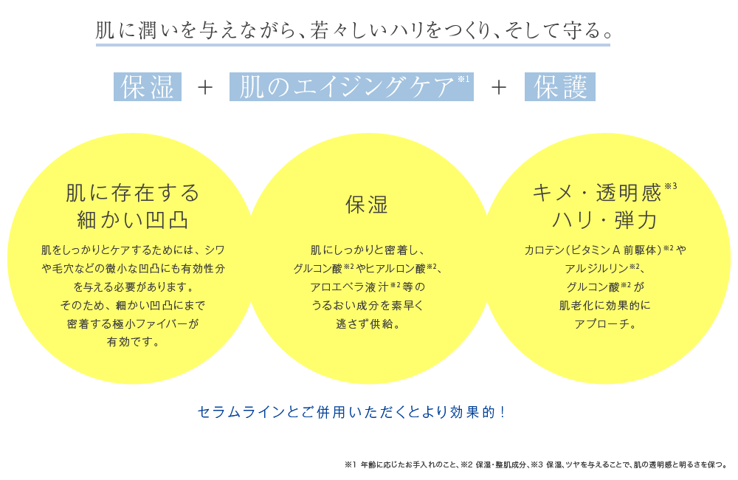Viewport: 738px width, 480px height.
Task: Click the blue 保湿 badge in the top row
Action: pyautogui.click(x=148, y=86)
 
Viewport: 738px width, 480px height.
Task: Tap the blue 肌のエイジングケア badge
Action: pyautogui.click(x=351, y=86)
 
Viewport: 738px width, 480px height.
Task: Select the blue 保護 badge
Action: pyautogui.click(x=560, y=86)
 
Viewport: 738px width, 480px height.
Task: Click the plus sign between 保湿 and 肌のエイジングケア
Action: pyautogui.click(x=205, y=87)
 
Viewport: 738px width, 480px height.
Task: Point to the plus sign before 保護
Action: pyautogui.click(x=499, y=87)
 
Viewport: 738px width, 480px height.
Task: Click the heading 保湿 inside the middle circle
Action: pyautogui.click(x=367, y=205)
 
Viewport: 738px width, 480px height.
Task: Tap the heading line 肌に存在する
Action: pyautogui.click(x=133, y=193)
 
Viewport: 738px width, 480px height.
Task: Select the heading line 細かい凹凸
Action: pyautogui.click(x=133, y=220)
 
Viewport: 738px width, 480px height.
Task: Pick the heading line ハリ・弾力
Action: pyautogui.click(x=604, y=220)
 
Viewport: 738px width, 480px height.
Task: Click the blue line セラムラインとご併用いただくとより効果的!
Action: pyautogui.click(x=351, y=412)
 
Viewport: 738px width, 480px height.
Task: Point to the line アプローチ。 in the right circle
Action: pyautogui.click(x=605, y=324)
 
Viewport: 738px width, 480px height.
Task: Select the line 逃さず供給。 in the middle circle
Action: pyautogui.click(x=368, y=324)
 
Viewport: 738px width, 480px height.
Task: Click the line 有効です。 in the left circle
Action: pyautogui.click(x=133, y=342)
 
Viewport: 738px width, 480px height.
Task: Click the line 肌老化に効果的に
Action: pyautogui.click(x=605, y=306)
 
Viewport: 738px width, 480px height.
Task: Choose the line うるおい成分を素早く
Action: pyautogui.click(x=368, y=306)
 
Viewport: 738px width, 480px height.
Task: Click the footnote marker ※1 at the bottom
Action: pyautogui.click(x=351, y=465)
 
